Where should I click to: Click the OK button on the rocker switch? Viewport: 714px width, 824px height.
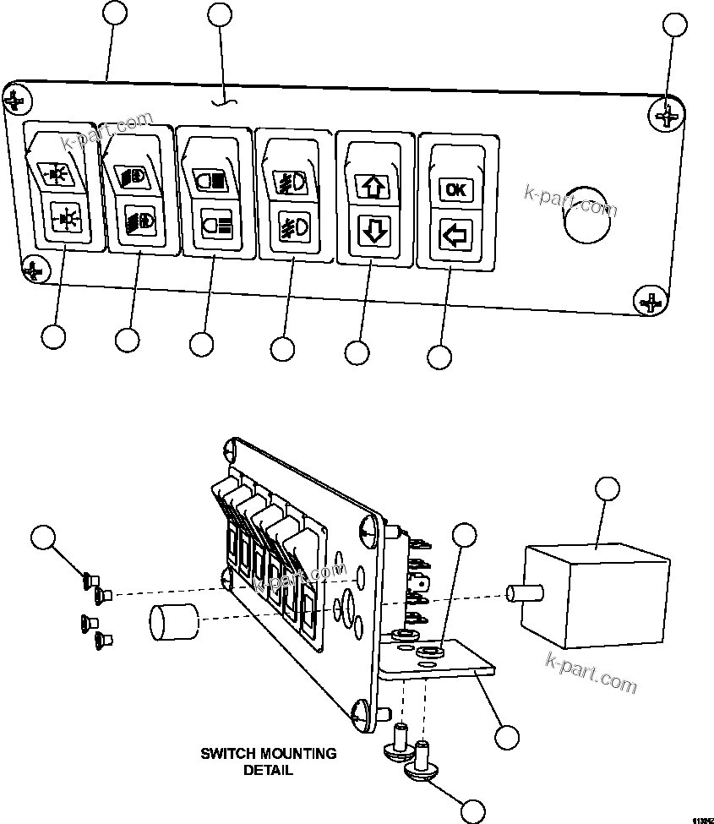pyautogui.click(x=455, y=189)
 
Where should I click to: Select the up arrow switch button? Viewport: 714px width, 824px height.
pyautogui.click(x=373, y=186)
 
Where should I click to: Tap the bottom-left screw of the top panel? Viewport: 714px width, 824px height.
pyautogui.click(x=32, y=270)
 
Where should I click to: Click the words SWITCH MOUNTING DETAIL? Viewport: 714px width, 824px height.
pyautogui.click(x=268, y=761)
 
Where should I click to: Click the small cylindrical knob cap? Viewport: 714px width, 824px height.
pyautogui.click(x=172, y=626)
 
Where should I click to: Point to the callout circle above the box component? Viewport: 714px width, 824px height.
pyautogui.click(x=607, y=488)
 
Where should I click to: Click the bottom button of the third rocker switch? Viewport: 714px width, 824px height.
pyautogui.click(x=213, y=226)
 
